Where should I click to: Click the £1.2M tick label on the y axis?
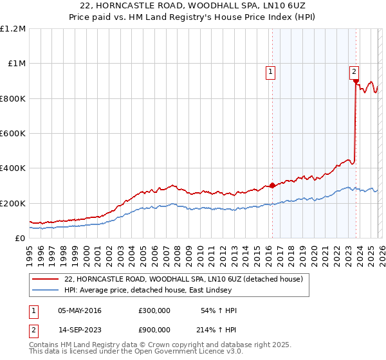pos(13,29)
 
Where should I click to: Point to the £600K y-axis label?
pos(13,134)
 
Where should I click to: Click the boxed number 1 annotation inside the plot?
pos(271,73)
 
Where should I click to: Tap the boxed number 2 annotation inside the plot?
pos(354,73)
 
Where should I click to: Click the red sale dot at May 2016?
pos(271,186)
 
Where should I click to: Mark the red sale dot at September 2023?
pos(355,81)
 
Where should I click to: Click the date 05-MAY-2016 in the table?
pos(79,310)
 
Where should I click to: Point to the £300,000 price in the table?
pos(154,310)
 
